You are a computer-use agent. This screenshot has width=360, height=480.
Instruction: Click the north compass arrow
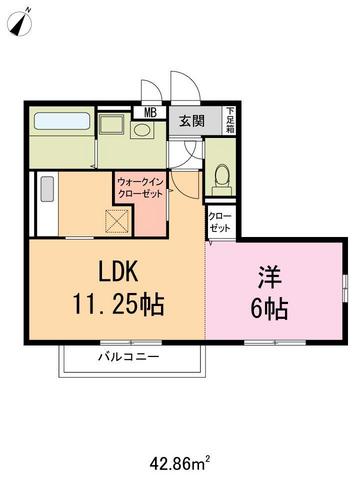pos(23,21)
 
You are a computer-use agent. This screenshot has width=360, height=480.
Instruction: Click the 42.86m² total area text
pos(179,463)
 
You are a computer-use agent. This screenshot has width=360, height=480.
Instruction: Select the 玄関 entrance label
pos(191,121)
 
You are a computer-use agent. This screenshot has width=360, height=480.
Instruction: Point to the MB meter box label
pos(152,113)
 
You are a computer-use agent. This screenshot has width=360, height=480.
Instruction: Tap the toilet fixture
pos(222,176)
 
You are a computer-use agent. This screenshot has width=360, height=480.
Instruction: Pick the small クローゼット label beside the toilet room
pos(219,222)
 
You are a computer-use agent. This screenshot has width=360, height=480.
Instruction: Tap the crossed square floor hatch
pos(118,220)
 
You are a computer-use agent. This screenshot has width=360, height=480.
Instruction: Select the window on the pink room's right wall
pos(344,295)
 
